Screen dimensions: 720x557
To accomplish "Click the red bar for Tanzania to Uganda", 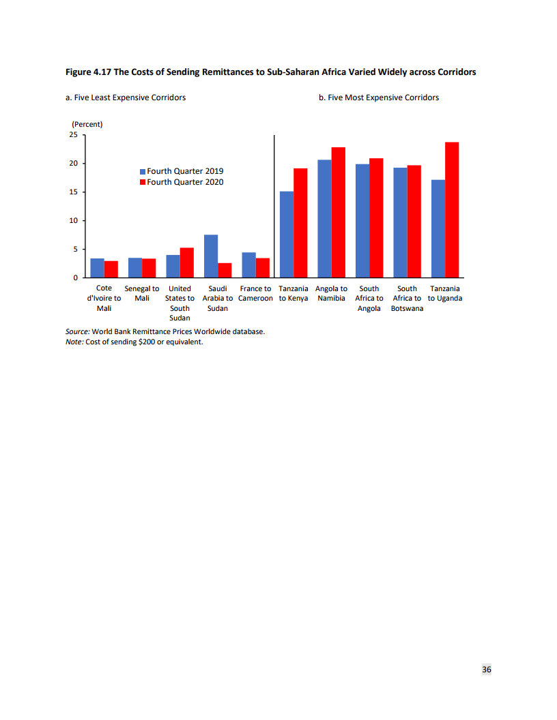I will point(452,210).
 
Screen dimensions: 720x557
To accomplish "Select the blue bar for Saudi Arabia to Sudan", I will point(211,256).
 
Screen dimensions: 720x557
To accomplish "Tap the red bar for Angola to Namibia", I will point(339,213).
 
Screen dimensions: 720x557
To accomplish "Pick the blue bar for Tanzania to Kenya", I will point(287,235).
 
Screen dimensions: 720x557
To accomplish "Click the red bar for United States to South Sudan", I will point(187,262).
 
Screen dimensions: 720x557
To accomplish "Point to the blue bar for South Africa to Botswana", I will point(400,223).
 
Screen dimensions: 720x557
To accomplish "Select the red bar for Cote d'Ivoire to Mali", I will point(111,269).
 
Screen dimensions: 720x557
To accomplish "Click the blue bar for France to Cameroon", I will point(248,265).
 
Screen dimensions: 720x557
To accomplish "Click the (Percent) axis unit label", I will point(87,124).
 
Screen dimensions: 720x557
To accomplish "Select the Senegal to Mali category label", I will point(142,293).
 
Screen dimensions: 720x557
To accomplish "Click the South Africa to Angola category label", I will point(369,298).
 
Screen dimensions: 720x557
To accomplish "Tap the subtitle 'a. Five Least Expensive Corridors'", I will point(126,97).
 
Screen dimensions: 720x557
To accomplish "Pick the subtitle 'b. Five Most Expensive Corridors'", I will point(379,97).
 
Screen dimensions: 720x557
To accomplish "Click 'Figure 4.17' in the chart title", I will point(88,72).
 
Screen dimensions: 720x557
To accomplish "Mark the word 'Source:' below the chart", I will point(77,332).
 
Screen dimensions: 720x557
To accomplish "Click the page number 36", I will point(487,670).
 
